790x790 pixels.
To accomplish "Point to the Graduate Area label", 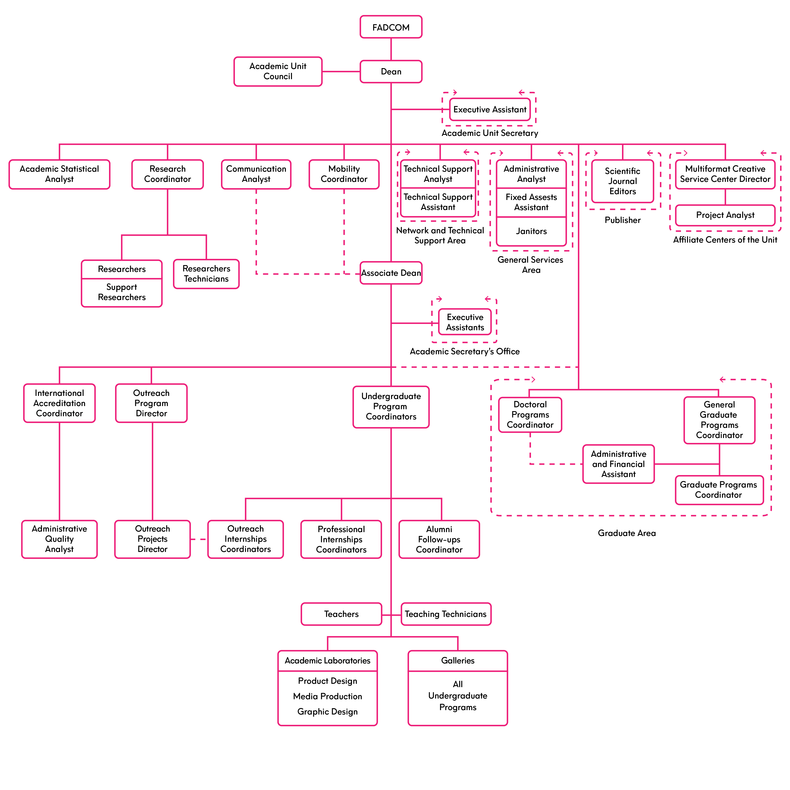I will pos(626,533).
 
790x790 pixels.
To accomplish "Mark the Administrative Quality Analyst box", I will pos(59,539).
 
